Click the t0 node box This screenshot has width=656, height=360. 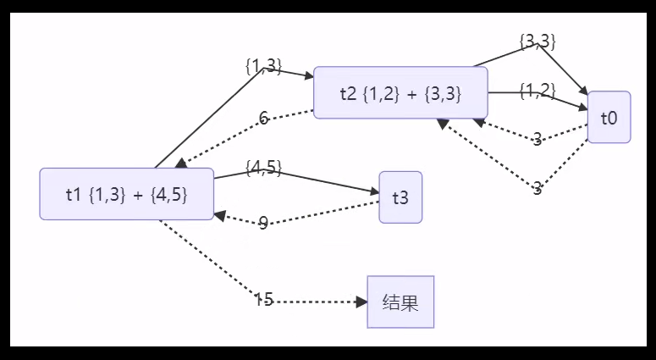pyautogui.click(x=609, y=118)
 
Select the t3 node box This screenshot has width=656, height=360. pyautogui.click(x=400, y=197)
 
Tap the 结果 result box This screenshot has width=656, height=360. pyautogui.click(x=400, y=302)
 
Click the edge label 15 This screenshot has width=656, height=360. pyautogui.click(x=263, y=299)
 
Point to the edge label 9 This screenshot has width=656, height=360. pyautogui.click(x=263, y=223)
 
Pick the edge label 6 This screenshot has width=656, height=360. pyautogui.click(x=264, y=119)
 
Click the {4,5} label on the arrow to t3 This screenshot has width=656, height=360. pyautogui.click(x=263, y=168)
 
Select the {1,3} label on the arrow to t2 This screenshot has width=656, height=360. pyautogui.click(x=263, y=66)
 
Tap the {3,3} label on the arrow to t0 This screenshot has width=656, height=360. pyautogui.click(x=537, y=41)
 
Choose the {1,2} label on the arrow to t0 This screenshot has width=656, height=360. pyautogui.click(x=537, y=90)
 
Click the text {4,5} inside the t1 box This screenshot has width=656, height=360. pyautogui.click(x=167, y=194)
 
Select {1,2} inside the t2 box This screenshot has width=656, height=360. pyautogui.click(x=383, y=93)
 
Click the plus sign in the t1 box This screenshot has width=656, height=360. pyautogui.click(x=137, y=194)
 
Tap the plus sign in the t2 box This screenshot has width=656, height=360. pyautogui.click(x=412, y=93)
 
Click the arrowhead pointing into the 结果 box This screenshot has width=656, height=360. pyautogui.click(x=361, y=302)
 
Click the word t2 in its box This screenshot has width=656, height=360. pyautogui.click(x=349, y=93)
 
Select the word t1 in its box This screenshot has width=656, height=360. pyautogui.click(x=74, y=194)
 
